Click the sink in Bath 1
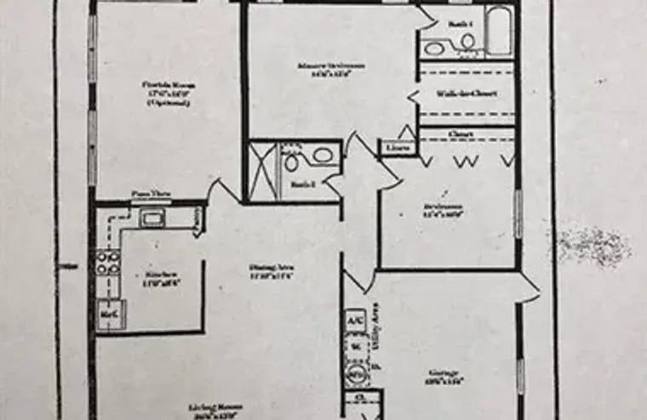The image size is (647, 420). coord(435,48)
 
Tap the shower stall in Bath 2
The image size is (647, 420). coord(261,170)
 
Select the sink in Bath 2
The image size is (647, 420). coord(323,156)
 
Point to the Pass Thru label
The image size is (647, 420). coord(150,194)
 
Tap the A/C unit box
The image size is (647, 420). coord(353,321)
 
